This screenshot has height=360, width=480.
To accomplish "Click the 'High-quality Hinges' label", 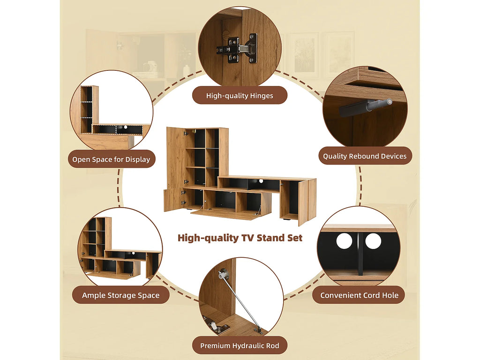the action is pyautogui.click(x=240, y=96).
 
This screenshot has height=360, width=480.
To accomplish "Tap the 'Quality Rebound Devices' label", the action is pyautogui.click(x=365, y=156).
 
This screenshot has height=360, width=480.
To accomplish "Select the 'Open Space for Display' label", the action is pyautogui.click(x=112, y=159).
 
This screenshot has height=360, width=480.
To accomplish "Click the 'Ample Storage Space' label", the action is pyautogui.click(x=120, y=295).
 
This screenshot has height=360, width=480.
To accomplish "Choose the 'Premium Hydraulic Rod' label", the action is pyautogui.click(x=240, y=345).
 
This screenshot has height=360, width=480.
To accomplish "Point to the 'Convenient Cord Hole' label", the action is pyautogui.click(x=360, y=295).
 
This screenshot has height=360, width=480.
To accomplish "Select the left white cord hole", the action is pyautogui.click(x=344, y=241).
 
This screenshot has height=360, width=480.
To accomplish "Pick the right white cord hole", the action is pyautogui.click(x=373, y=241).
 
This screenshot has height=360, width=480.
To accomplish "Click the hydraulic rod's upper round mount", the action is pyautogui.click(x=223, y=273).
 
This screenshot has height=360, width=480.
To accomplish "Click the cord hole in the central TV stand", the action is pyautogui.click(x=261, y=181).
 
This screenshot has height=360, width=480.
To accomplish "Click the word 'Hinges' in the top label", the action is pyautogui.click(x=262, y=96).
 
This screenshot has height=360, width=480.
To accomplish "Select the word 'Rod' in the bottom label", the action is pyautogui.click(x=272, y=345).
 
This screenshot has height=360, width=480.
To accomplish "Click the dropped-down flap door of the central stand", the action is pyautogui.click(x=225, y=214).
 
